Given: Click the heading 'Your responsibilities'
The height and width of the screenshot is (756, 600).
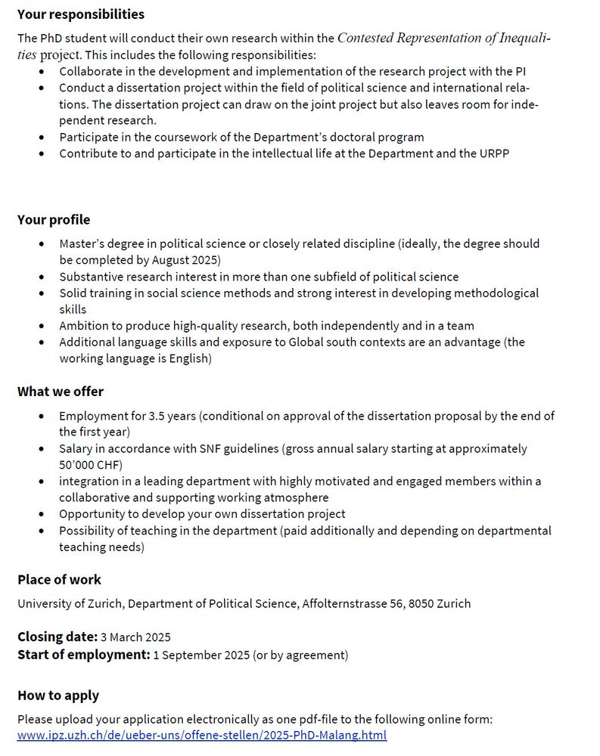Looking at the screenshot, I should (81, 14).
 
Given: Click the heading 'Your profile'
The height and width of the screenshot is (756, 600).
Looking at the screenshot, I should (54, 220).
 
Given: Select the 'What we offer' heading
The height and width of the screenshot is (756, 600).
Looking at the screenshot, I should (61, 392).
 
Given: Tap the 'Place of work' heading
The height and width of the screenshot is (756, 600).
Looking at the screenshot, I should (59, 580).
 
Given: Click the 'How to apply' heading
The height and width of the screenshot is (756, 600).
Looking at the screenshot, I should (58, 696).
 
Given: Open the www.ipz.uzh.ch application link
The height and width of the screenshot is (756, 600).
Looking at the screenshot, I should (202, 735).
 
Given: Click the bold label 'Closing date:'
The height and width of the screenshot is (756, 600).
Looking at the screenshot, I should (58, 637).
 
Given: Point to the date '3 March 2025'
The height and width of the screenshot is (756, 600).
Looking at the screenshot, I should (135, 637).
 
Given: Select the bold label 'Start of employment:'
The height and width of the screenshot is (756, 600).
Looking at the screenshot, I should (83, 655).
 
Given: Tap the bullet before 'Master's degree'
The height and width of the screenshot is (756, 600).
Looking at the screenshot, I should (41, 244).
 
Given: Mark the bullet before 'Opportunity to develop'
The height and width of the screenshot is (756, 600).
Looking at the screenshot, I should (41, 514).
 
